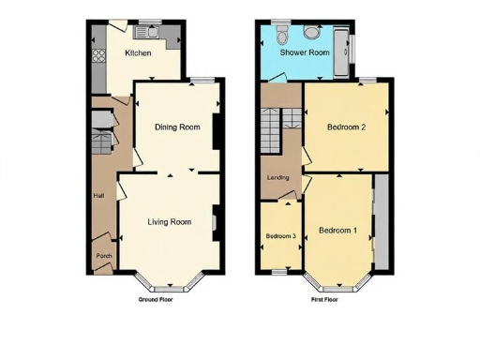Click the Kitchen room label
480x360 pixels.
pos(139,53)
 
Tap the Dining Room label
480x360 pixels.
pos(177,127)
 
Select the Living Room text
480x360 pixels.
pos(170,222)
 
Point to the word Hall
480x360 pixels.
pos(98,195)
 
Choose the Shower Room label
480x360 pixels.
pos(307,53)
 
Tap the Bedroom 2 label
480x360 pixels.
pos(346,127)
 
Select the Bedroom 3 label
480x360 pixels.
pos(280,236)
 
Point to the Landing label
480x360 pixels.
pos(277,177)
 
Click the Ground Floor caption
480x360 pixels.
pos(156,300)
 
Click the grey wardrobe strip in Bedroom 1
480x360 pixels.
pos(381,222)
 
